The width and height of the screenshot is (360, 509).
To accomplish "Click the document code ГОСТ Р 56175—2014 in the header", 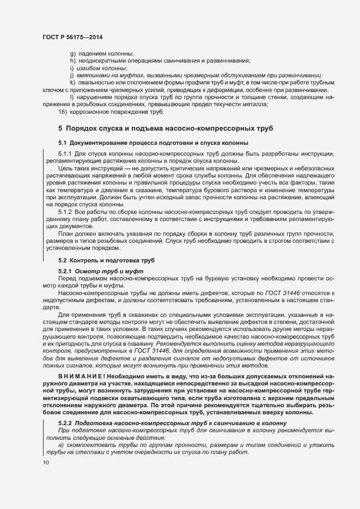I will tap(72, 36).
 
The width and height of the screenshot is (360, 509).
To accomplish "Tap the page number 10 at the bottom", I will tap(45, 463).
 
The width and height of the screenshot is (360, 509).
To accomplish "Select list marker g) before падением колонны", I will tap(73, 53).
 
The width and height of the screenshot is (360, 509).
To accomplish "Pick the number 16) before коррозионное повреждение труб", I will tap(62, 112).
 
